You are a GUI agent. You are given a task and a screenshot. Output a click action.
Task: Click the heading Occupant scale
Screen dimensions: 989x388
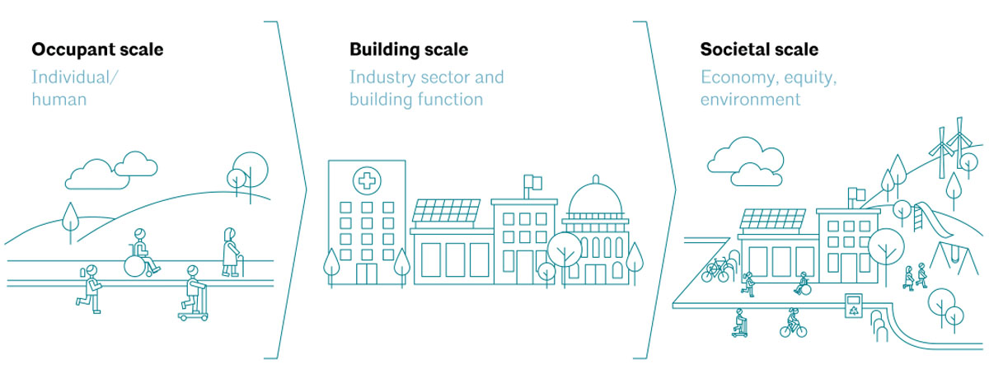pyautogui.click(x=97, y=49)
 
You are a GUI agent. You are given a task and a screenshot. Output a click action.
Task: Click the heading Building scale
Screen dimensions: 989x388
pyautogui.click(x=409, y=50)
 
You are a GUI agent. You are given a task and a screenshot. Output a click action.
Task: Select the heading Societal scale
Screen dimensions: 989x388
pyautogui.click(x=759, y=49)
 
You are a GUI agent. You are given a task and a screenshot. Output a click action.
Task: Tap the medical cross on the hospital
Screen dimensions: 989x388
pyautogui.click(x=367, y=181)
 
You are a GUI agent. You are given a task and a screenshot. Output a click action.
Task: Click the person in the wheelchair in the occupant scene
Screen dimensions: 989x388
pyautogui.click(x=141, y=254)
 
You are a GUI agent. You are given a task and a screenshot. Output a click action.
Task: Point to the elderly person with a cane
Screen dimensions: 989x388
pyautogui.click(x=232, y=252)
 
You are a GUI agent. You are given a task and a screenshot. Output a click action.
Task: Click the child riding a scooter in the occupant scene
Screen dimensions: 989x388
pyautogui.click(x=194, y=293)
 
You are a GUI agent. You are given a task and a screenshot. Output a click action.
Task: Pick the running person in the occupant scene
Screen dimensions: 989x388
pyautogui.click(x=90, y=289)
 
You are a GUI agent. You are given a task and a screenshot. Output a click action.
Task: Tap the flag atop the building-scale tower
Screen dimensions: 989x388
pyautogui.click(x=533, y=181)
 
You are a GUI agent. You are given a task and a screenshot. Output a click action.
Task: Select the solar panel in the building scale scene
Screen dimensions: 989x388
pyautogui.click(x=447, y=211)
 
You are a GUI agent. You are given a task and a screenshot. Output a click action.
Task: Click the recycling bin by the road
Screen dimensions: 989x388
pyautogui.click(x=854, y=306)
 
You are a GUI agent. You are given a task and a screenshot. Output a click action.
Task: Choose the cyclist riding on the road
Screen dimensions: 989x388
pyautogui.click(x=794, y=323)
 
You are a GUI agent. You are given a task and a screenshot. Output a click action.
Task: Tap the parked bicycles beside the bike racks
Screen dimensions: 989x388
pyautogui.click(x=715, y=270)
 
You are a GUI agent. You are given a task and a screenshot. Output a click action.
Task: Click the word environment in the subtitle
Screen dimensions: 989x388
pyautogui.click(x=750, y=100)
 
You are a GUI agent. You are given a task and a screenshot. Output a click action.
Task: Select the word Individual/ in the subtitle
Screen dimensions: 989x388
pyautogui.click(x=75, y=77)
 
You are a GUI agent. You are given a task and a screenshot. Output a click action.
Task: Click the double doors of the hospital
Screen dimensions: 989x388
pyautogui.click(x=367, y=273)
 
